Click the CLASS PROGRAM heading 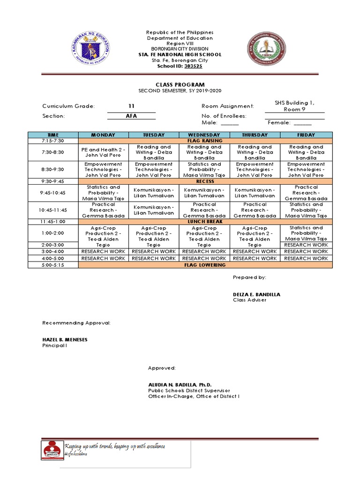180,84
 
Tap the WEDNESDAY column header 204,135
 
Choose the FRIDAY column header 306,135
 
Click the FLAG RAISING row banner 205,141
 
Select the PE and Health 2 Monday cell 103,152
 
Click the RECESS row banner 205,181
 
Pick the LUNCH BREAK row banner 205,221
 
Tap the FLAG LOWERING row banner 205,265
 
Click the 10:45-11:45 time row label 52,210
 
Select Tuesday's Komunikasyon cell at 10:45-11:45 154,210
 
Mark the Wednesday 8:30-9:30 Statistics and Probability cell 204,170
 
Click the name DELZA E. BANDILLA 256,294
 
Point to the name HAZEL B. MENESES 65,339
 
